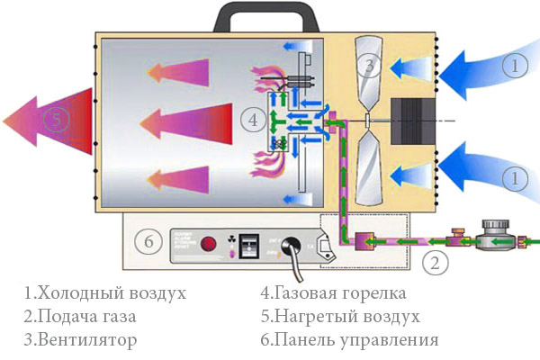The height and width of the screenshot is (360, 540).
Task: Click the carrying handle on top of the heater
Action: click(257, 12)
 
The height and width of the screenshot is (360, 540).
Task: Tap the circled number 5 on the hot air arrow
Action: click(55, 120)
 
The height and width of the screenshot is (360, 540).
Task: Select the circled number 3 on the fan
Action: click(368, 65)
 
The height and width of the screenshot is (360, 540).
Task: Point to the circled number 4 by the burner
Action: click(255, 119)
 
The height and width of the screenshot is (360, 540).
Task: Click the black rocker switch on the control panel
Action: click(253, 243)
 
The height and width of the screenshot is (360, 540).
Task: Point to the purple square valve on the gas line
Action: click(366, 244)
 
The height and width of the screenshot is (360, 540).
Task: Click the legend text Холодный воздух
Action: click(105, 293)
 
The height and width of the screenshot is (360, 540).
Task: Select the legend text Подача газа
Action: click(89, 317)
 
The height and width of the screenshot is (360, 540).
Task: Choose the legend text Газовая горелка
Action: click(332, 293)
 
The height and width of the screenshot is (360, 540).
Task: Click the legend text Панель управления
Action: click(348, 340)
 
